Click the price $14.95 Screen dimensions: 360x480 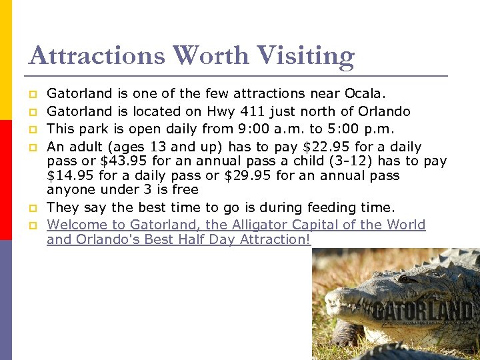[x=72, y=176]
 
